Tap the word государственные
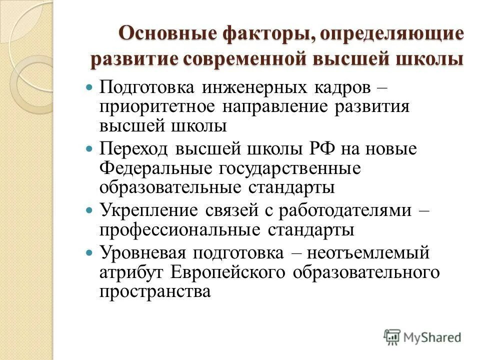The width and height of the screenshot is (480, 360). [x=290, y=168]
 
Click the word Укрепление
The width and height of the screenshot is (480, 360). [x=149, y=209]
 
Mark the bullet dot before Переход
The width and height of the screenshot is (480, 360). [x=90, y=148]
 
